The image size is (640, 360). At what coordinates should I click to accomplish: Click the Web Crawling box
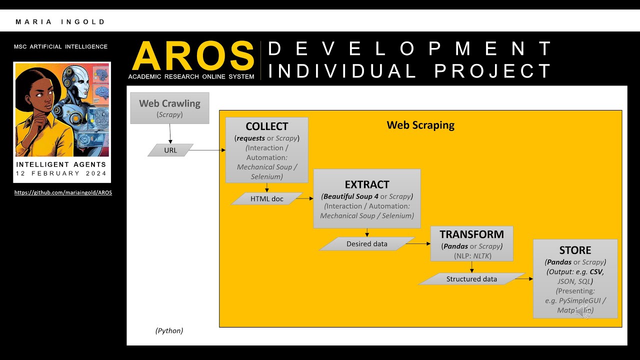click(x=169, y=108)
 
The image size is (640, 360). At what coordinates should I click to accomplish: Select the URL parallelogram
click(x=170, y=150)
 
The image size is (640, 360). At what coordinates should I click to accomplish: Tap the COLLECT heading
click(x=266, y=126)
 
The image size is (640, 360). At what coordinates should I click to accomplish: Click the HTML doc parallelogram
click(x=266, y=199)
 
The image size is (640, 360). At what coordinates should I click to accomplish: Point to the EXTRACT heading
click(x=366, y=184)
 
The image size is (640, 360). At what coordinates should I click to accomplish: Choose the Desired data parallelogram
click(x=366, y=244)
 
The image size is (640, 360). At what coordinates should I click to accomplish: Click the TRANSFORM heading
click(x=471, y=234)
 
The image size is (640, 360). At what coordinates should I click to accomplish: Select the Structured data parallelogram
click(x=471, y=279)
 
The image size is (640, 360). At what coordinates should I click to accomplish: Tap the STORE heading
click(x=575, y=250)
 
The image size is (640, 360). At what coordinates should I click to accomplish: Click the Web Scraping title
click(x=420, y=125)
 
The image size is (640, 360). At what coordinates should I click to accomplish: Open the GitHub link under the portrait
click(x=63, y=192)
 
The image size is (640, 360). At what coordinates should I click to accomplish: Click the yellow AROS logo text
click(x=193, y=56)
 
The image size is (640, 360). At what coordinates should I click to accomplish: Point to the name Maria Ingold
click(x=60, y=22)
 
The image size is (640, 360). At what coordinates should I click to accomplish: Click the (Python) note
click(x=169, y=330)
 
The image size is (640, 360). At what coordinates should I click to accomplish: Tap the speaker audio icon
click(x=582, y=311)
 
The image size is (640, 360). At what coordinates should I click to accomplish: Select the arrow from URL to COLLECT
click(x=207, y=150)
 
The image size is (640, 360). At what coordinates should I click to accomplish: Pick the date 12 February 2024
click(x=61, y=173)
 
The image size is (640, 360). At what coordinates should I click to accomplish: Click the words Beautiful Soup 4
click(x=350, y=196)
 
